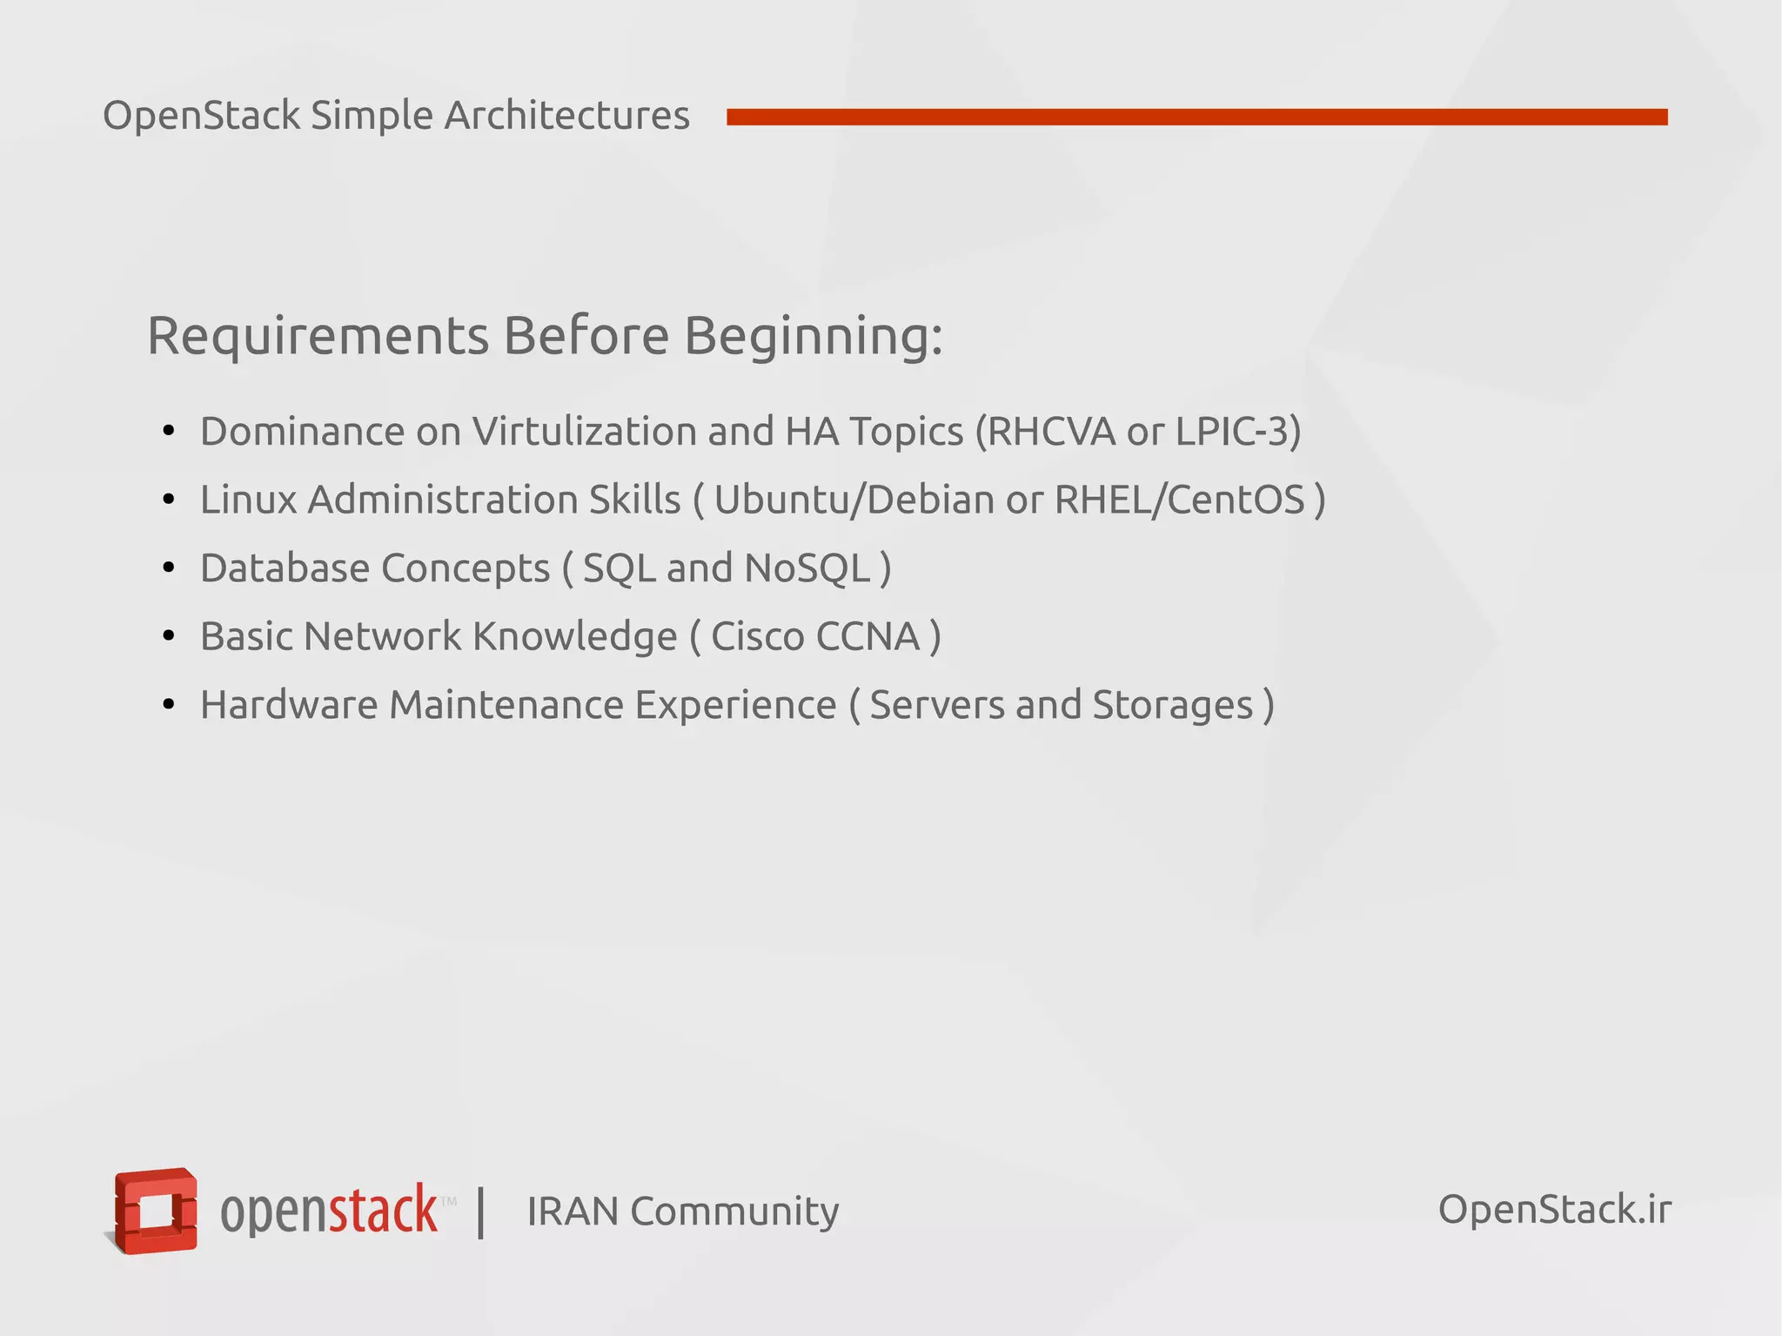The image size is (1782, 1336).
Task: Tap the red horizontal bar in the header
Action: pyautogui.click(x=1196, y=117)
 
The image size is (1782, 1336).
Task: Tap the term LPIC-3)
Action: pyautogui.click(x=1238, y=431)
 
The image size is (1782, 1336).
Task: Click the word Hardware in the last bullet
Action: pyautogui.click(x=288, y=705)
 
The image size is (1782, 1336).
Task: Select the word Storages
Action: pyautogui.click(x=1172, y=706)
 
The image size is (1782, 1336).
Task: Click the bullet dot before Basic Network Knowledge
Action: pyautogui.click(x=169, y=636)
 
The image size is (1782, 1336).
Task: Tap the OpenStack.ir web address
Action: pyautogui.click(x=1554, y=1209)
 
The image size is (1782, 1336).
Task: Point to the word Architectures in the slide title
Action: pyautogui.click(x=566, y=115)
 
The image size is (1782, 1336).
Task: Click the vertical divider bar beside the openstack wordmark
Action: pyautogui.click(x=480, y=1212)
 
